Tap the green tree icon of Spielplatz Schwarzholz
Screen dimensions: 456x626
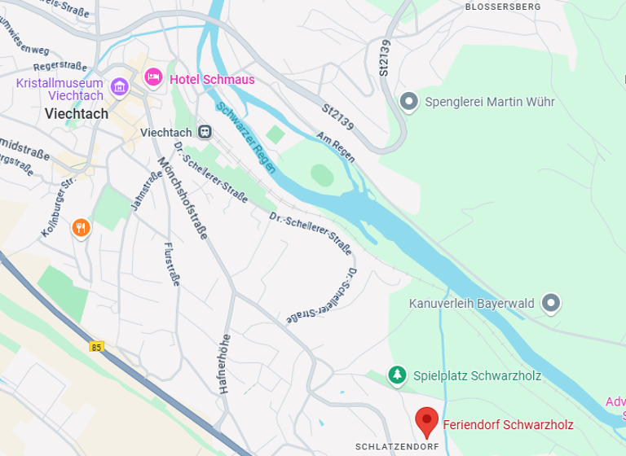(397, 375)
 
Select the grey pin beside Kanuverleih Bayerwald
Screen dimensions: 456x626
(552, 304)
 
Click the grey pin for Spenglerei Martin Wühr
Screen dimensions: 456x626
(409, 102)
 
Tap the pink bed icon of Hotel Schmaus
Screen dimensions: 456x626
(152, 78)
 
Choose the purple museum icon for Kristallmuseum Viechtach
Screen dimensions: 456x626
(120, 86)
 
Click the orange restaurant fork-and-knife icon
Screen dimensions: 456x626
(80, 227)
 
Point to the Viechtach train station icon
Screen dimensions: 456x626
(205, 132)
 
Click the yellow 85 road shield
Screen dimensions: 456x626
(97, 347)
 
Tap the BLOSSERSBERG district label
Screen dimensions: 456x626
(502, 7)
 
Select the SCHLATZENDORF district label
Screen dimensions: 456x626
(397, 447)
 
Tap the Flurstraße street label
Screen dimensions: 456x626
(171, 264)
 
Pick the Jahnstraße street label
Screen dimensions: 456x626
(142, 194)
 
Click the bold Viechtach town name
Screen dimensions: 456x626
(77, 114)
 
